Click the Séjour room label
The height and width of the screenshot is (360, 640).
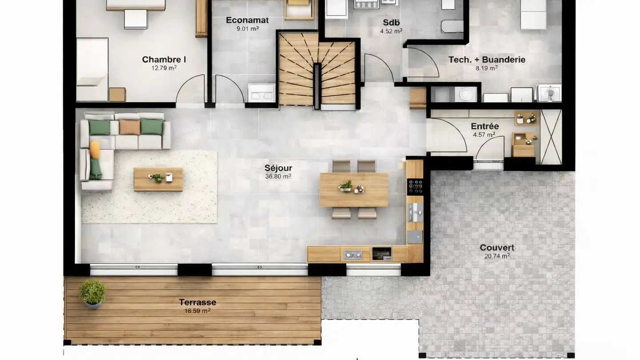(x=278, y=168)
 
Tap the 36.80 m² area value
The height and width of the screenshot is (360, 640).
(x=278, y=176)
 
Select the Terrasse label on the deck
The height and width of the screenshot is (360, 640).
(x=197, y=302)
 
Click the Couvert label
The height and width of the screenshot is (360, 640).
(x=497, y=248)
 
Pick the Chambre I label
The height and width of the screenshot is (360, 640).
(x=164, y=60)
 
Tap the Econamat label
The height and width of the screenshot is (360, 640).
(x=247, y=20)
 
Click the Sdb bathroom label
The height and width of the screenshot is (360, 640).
(x=391, y=22)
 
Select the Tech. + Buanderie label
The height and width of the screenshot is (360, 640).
(x=487, y=60)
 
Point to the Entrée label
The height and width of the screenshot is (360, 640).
(x=485, y=126)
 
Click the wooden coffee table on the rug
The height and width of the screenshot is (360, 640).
(x=158, y=179)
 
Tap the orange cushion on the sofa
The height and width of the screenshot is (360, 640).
(x=95, y=149)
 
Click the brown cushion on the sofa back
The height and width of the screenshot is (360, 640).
(x=129, y=127)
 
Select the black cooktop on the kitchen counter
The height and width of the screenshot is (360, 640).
(x=415, y=186)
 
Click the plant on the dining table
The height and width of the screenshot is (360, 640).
(x=345, y=185)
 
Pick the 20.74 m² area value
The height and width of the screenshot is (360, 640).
(x=497, y=256)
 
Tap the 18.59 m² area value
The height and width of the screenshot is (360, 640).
(x=197, y=311)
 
